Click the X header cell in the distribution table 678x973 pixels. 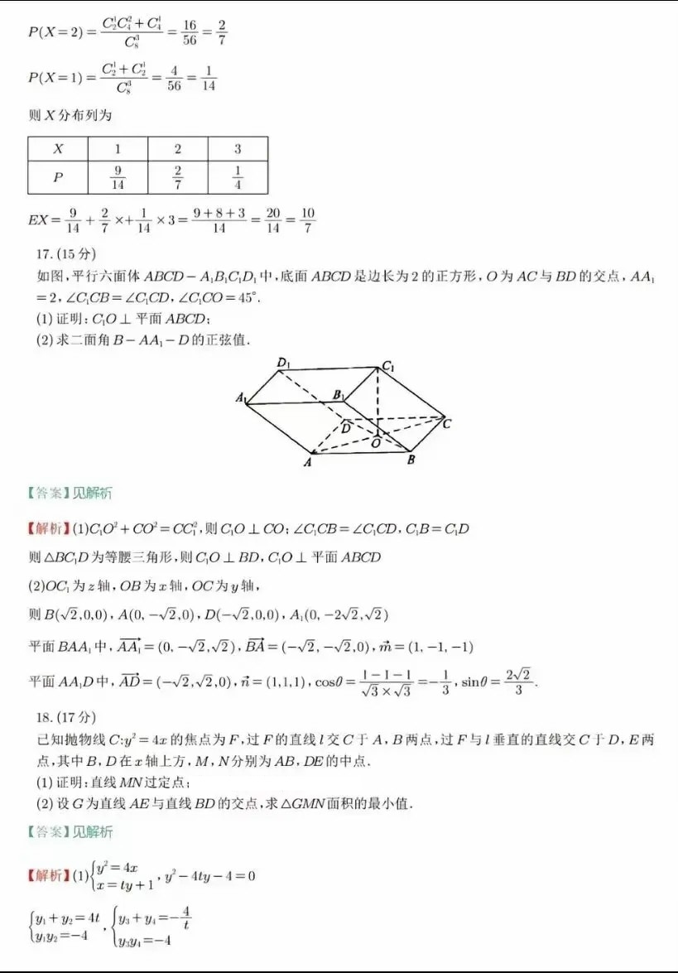coord(58,149)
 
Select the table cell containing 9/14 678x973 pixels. coord(118,178)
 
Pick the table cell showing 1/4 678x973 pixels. coord(238,178)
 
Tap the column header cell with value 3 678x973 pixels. coord(238,149)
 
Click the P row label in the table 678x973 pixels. coord(58,178)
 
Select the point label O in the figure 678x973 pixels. coord(376,443)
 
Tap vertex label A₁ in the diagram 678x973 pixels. coord(242,399)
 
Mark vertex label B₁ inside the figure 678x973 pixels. coord(338,395)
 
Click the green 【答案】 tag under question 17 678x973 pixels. coord(47,494)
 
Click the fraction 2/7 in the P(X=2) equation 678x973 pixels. coord(221,32)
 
